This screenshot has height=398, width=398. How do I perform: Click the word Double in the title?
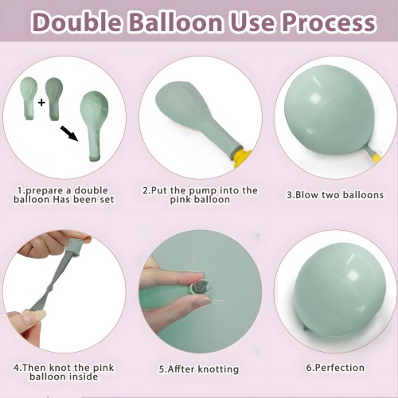[x=76, y=21]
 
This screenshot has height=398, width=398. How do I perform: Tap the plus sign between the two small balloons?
[x=41, y=102]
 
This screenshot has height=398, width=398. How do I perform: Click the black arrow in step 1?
[x=69, y=134]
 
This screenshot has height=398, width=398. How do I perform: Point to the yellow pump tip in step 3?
[x=377, y=157]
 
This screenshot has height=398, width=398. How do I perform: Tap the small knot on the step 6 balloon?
[x=306, y=329]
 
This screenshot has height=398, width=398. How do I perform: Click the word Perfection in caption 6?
[x=340, y=368]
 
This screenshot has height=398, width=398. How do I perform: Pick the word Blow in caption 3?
[x=307, y=194]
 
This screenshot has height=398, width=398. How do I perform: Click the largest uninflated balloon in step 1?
[x=94, y=126]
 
